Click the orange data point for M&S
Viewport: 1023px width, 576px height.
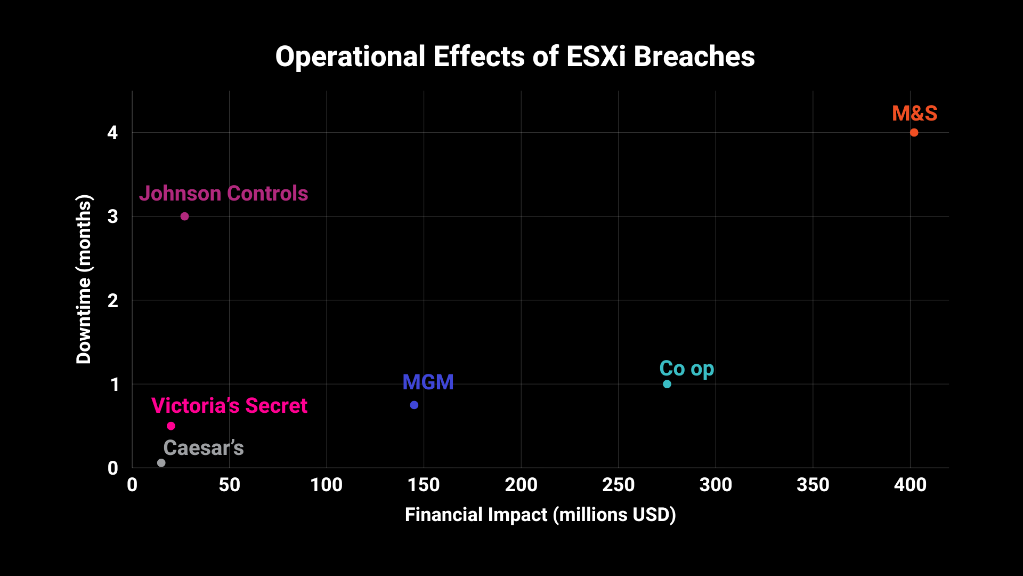click(914, 132)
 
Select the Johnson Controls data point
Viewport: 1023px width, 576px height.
click(184, 216)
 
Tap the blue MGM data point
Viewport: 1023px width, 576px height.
click(414, 405)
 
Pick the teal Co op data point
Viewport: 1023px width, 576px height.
click(667, 384)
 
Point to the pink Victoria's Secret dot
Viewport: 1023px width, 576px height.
click(171, 426)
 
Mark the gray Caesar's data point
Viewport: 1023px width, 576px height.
click(161, 463)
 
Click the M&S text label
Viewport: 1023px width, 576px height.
click(914, 113)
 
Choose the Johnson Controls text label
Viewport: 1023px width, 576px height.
click(223, 193)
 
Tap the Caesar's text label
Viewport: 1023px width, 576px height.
click(204, 448)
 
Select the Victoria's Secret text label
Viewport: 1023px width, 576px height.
click(229, 405)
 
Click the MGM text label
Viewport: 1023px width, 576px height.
click(428, 382)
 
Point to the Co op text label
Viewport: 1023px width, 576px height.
click(686, 369)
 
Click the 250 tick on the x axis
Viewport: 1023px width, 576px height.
click(618, 485)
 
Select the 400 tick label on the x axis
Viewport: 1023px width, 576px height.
click(910, 485)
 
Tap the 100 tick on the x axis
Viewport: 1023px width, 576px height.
click(326, 485)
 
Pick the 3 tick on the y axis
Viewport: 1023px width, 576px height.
click(112, 217)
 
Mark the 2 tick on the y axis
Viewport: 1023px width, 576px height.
click(112, 301)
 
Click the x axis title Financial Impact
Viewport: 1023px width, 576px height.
click(540, 515)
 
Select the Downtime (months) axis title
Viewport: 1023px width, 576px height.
click(84, 279)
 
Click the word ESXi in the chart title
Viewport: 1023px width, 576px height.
click(596, 57)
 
